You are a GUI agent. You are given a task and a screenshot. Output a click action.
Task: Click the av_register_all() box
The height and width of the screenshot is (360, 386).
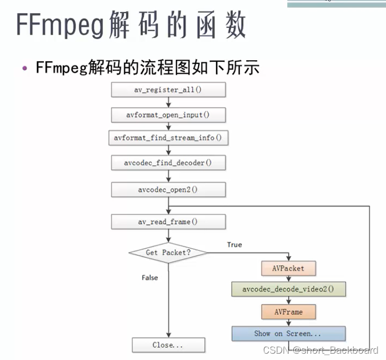point(168,90)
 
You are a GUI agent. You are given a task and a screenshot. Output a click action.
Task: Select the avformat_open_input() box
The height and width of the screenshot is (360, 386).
point(168,114)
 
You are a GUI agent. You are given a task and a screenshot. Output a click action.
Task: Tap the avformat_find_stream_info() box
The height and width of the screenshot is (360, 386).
point(168,138)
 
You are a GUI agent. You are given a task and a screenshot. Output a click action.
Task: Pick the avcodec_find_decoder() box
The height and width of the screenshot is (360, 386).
point(168,163)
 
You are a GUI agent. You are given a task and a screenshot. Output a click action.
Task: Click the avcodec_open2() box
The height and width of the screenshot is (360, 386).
point(168,190)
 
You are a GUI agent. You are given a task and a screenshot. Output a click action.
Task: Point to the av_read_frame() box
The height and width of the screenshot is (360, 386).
point(168,222)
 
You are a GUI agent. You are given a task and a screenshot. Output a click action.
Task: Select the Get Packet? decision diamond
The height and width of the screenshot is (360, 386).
point(168,253)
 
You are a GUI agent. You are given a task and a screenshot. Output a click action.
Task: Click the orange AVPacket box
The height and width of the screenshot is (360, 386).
point(288,268)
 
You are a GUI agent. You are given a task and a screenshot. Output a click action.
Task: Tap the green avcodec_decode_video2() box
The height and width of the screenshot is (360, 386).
point(288,289)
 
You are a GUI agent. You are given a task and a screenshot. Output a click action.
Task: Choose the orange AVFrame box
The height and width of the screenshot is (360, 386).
point(288,312)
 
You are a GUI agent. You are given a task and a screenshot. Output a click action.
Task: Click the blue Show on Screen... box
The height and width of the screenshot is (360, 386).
point(288,334)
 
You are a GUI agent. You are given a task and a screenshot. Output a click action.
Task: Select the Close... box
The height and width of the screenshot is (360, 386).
point(168,345)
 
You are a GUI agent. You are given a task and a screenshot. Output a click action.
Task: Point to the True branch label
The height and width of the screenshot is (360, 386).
point(234,245)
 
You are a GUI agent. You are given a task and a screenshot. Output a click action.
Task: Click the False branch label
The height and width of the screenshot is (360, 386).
point(149,278)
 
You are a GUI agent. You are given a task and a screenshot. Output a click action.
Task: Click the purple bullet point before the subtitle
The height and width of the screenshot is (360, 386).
point(24,69)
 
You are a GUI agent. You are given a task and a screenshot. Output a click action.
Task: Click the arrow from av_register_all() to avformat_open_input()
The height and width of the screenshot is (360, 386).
point(168,102)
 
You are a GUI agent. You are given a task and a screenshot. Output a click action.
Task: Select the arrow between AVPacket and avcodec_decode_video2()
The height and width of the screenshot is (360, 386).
point(288,279)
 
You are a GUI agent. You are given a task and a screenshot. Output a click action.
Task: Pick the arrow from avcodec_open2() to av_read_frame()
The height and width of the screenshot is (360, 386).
point(168,205)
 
